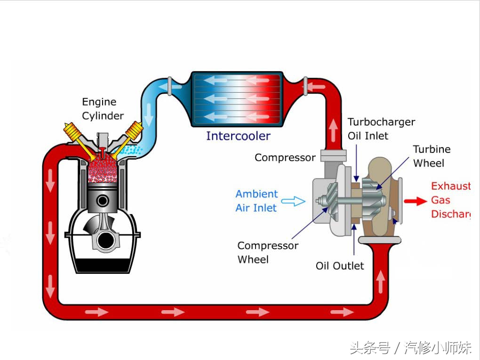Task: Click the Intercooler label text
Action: click(x=238, y=136)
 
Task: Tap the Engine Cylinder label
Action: click(x=103, y=109)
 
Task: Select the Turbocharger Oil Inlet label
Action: click(x=381, y=129)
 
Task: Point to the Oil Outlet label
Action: click(x=339, y=266)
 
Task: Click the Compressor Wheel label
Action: click(x=267, y=252)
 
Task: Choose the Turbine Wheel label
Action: click(x=432, y=156)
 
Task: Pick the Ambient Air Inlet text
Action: click(x=256, y=201)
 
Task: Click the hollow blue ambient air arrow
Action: click(x=293, y=201)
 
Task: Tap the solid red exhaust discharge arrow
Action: click(x=415, y=201)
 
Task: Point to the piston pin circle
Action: click(x=103, y=201)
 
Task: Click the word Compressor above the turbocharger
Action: click(x=285, y=158)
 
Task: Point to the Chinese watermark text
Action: click(x=411, y=348)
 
